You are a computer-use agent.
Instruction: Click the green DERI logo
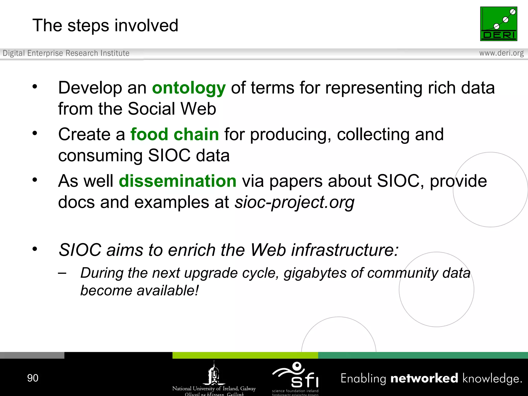(498, 24)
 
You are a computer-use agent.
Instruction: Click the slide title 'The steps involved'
(105, 26)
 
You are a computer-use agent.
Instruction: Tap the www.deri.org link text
(501, 53)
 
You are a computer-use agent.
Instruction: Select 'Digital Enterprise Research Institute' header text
(66, 53)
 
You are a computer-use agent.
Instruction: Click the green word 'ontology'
(189, 88)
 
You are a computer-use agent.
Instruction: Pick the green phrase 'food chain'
(175, 135)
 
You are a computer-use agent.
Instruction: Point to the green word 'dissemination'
(178, 181)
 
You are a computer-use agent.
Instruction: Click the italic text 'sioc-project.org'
(294, 202)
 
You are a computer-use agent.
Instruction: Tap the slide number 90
(33, 378)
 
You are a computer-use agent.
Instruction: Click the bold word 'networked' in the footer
(424, 378)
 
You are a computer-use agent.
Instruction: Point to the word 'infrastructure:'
(345, 250)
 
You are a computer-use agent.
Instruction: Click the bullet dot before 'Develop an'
(35, 87)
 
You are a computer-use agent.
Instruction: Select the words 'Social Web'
(172, 109)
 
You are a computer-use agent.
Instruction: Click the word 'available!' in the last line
(168, 291)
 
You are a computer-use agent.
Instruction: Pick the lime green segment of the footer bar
(245, 355)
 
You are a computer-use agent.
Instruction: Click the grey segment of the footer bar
(32, 355)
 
